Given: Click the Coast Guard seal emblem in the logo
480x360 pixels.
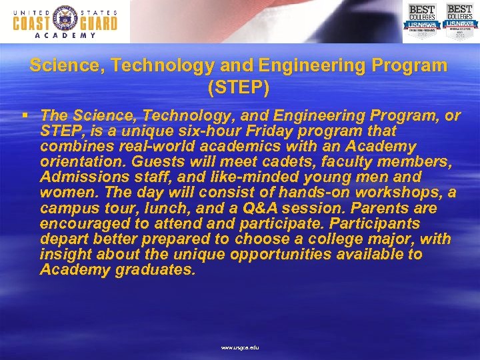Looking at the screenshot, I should (65, 20).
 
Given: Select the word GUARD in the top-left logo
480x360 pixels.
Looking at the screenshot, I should (97, 23).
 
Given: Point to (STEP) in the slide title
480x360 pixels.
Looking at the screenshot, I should (239, 87).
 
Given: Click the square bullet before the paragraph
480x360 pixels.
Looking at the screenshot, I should (24, 115).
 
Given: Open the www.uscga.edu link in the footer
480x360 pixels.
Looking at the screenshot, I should (240, 348).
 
